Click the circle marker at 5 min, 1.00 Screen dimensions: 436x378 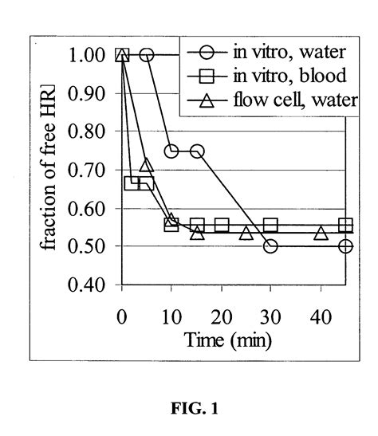147,55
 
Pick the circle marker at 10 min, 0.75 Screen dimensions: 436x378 171,151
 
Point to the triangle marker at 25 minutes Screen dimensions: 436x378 246,233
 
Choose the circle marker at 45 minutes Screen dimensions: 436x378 345,246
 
